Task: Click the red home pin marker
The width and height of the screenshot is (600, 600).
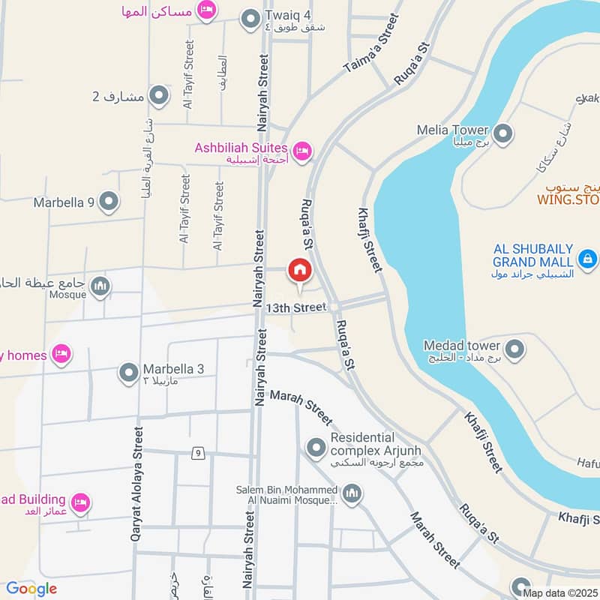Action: [x=300, y=270]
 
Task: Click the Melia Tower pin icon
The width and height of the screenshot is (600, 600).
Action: [x=503, y=134]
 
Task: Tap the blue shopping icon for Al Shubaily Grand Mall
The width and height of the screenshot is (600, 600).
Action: [x=588, y=260]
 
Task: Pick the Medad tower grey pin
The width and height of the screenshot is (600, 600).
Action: [x=514, y=349]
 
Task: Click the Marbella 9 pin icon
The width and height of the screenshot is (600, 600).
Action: [x=109, y=202]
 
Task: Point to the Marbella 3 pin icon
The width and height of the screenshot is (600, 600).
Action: [x=129, y=371]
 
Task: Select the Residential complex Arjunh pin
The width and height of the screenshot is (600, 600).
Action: [x=315, y=448]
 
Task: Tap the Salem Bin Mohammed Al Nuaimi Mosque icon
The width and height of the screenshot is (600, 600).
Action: [x=352, y=493]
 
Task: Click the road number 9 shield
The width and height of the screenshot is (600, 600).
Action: [x=197, y=453]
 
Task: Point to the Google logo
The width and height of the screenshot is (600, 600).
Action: [x=31, y=589]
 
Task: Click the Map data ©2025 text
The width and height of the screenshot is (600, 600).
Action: [x=560, y=593]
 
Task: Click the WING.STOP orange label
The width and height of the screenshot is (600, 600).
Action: [x=568, y=200]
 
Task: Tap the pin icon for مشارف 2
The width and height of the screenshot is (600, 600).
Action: [x=158, y=96]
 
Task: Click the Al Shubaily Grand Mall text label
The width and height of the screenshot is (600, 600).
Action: [x=532, y=255]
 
